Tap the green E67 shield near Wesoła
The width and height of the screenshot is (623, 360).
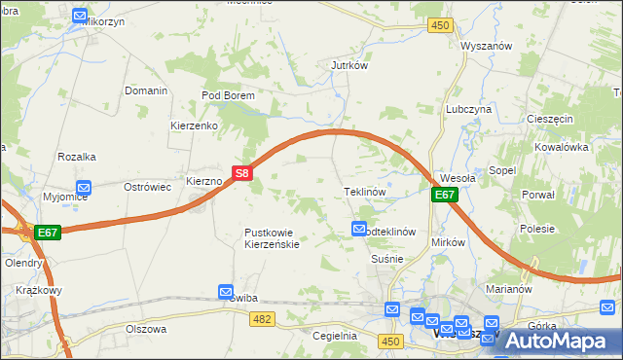coord(444,195)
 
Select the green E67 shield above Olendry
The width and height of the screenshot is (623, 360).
coord(48,233)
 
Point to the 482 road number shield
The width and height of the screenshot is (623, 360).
coord(261,318)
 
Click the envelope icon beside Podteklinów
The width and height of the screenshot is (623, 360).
coord(357,229)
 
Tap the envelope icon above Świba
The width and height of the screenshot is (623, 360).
coord(226,291)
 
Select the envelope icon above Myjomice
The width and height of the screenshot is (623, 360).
coord(84,187)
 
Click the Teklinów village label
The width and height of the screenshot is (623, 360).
coord(366,192)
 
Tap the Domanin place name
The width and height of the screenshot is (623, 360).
coord(146,90)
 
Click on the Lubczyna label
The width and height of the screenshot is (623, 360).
coord(467,110)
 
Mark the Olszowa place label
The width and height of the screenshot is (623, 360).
coord(146,329)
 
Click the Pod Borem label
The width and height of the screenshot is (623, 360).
coord(228,95)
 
